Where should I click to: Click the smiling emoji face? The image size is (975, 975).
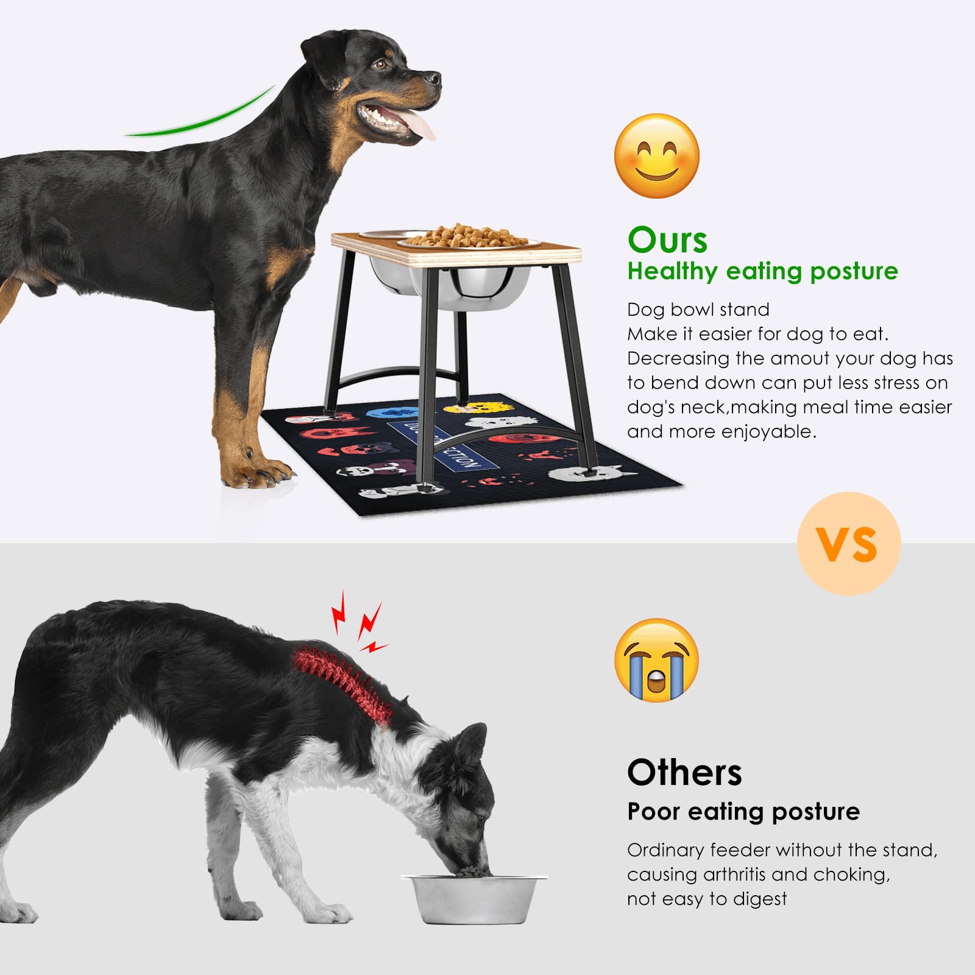(x=656, y=156)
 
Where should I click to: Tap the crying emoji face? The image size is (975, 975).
(x=656, y=660)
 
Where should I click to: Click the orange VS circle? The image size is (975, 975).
(x=848, y=544)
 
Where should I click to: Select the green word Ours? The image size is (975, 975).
(x=667, y=240)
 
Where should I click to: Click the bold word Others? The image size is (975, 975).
(x=684, y=773)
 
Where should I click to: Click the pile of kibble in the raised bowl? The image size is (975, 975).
(x=466, y=235)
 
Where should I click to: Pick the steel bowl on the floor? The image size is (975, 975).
(x=473, y=898)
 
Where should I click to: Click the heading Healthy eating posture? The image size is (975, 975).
(x=762, y=271)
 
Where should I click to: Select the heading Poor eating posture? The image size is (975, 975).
(x=743, y=812)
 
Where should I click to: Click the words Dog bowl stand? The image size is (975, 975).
(x=698, y=310)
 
